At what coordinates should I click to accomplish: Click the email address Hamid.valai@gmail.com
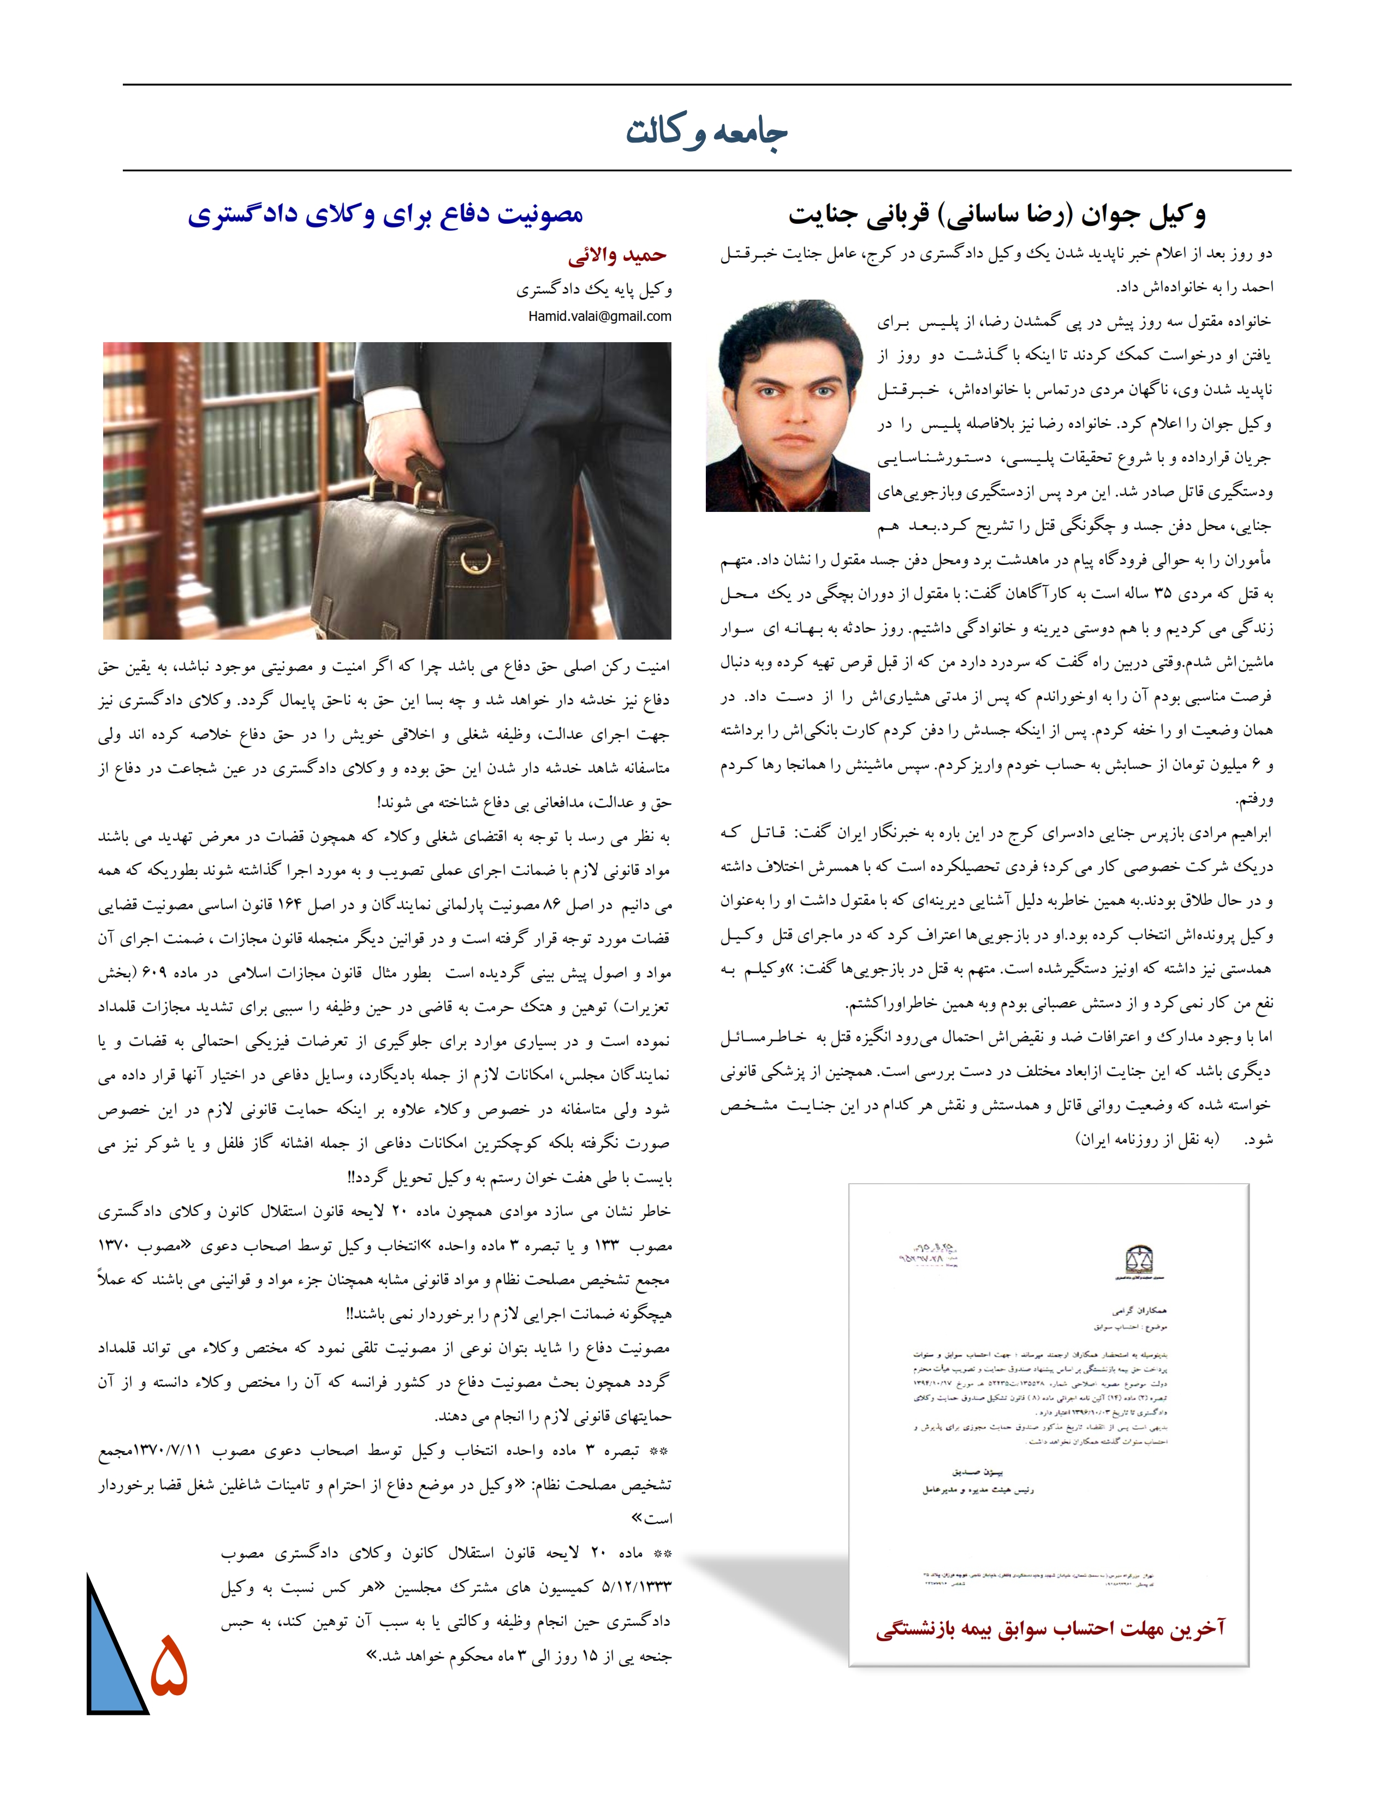click(599, 316)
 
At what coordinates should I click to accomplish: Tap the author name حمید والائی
click(617, 255)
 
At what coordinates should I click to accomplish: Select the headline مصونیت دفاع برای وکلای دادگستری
click(385, 214)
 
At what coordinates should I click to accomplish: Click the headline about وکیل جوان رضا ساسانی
click(997, 214)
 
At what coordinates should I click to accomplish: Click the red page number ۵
click(169, 1665)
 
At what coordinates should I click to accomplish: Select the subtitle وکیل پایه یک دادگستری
click(594, 289)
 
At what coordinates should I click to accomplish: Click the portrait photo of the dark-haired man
click(788, 405)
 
